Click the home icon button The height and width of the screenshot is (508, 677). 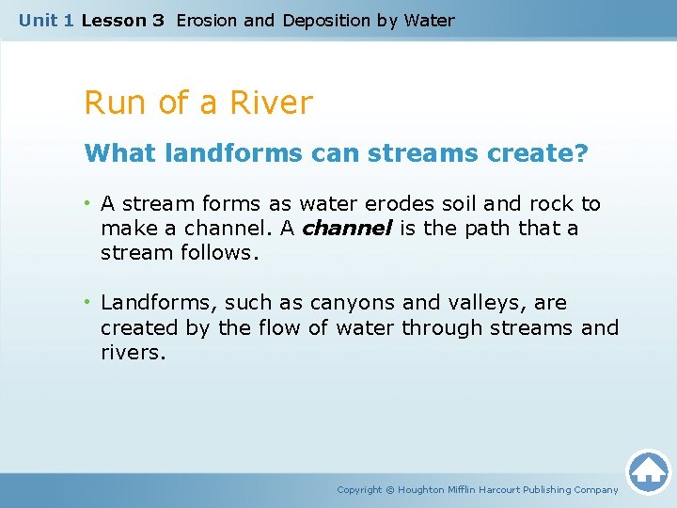click(x=648, y=470)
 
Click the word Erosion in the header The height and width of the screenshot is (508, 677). click(x=206, y=20)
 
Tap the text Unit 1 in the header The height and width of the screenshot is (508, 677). click(x=46, y=20)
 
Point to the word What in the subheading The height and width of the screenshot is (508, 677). click(x=119, y=153)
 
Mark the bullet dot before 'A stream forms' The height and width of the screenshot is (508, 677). click(x=88, y=204)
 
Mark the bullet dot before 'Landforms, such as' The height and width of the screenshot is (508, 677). click(x=88, y=303)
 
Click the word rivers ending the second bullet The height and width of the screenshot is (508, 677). click(x=131, y=352)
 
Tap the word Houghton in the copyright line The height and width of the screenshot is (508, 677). click(x=423, y=489)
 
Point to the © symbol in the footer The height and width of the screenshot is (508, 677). click(x=390, y=489)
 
